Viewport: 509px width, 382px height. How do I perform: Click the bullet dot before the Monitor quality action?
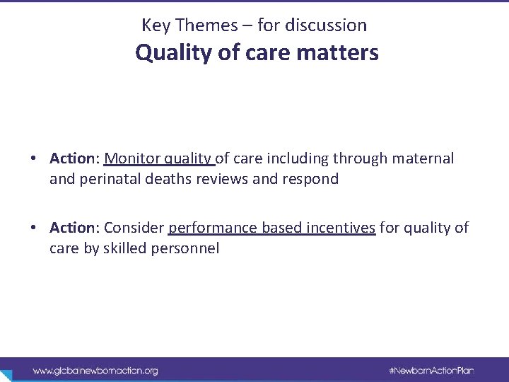34,158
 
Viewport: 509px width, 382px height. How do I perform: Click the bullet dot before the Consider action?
34,228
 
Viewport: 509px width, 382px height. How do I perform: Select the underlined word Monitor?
132,158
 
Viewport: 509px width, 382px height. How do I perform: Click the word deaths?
167,179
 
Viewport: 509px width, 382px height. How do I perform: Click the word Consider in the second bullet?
134,228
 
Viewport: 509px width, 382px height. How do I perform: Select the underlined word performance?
213,228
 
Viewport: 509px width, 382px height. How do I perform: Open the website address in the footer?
95,370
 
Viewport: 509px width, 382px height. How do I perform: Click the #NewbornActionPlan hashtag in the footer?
431,370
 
